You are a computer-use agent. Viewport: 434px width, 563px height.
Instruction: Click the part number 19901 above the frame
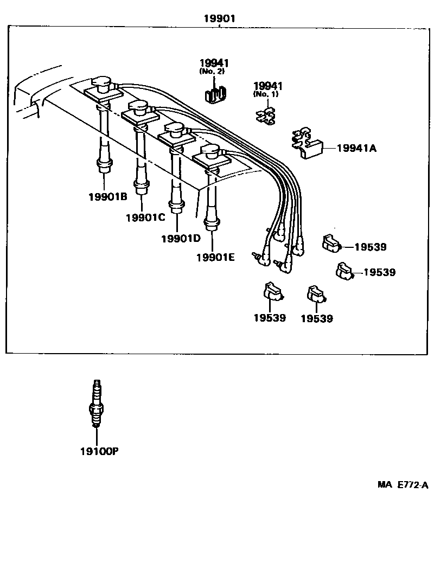[219, 18]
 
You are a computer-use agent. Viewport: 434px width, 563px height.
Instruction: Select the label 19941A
[356, 147]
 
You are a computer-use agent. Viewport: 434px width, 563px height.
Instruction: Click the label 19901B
[107, 196]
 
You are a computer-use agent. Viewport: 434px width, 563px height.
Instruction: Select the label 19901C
[145, 217]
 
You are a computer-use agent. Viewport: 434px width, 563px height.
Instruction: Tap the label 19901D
[181, 238]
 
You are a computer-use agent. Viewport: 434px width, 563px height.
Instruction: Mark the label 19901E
[215, 257]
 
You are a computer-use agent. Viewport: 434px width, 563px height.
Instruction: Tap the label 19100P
[99, 451]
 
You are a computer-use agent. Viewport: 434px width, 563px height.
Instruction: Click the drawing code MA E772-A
[403, 484]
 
